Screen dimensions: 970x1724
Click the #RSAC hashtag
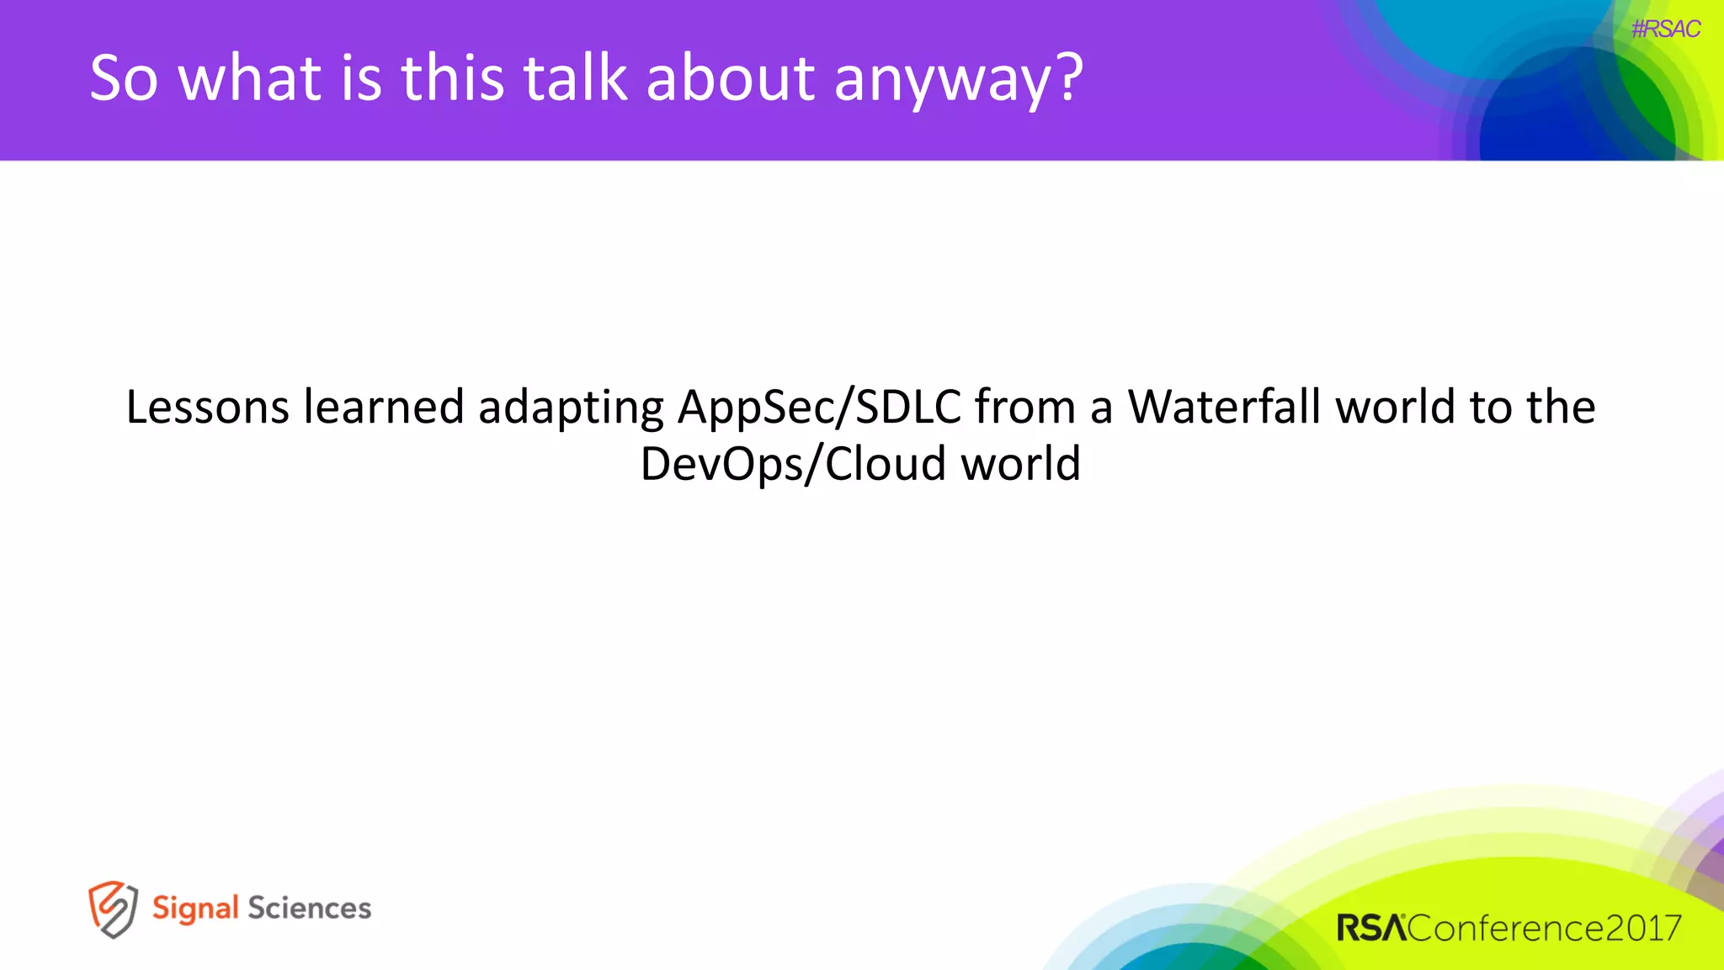click(1665, 29)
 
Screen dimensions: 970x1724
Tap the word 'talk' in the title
click(575, 78)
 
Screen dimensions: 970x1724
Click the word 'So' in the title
click(124, 78)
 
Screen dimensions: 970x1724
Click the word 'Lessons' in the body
click(207, 408)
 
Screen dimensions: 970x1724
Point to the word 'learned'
click(384, 408)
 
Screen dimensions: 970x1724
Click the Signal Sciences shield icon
click(113, 909)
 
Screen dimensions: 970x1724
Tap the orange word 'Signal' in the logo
click(195, 909)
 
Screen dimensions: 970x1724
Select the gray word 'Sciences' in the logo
click(309, 909)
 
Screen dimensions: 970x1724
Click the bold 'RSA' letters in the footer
click(1371, 929)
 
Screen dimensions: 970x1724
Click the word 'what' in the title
click(250, 78)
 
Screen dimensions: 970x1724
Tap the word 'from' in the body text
click(1024, 408)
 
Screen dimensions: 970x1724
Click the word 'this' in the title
click(452, 78)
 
